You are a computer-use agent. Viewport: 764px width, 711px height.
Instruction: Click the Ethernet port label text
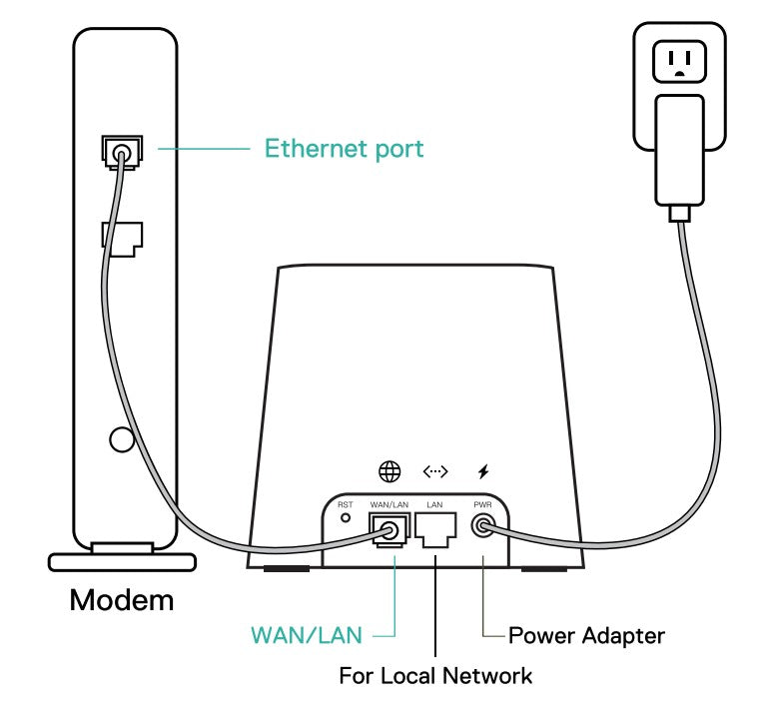(344, 149)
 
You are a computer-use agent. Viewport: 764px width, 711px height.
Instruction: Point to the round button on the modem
(121, 438)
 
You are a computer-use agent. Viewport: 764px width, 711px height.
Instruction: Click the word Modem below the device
(122, 600)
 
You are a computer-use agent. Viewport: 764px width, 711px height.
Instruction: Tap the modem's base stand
(121, 559)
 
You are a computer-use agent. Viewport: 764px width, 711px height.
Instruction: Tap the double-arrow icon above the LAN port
(435, 471)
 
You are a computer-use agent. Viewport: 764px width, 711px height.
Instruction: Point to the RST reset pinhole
(347, 518)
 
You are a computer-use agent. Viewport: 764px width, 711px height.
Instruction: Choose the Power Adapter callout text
(586, 635)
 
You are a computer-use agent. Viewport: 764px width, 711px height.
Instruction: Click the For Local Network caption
(435, 676)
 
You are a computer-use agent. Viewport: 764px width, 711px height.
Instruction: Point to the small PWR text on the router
(484, 505)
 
